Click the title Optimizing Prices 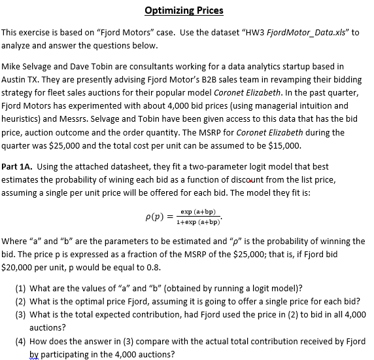[184, 10]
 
